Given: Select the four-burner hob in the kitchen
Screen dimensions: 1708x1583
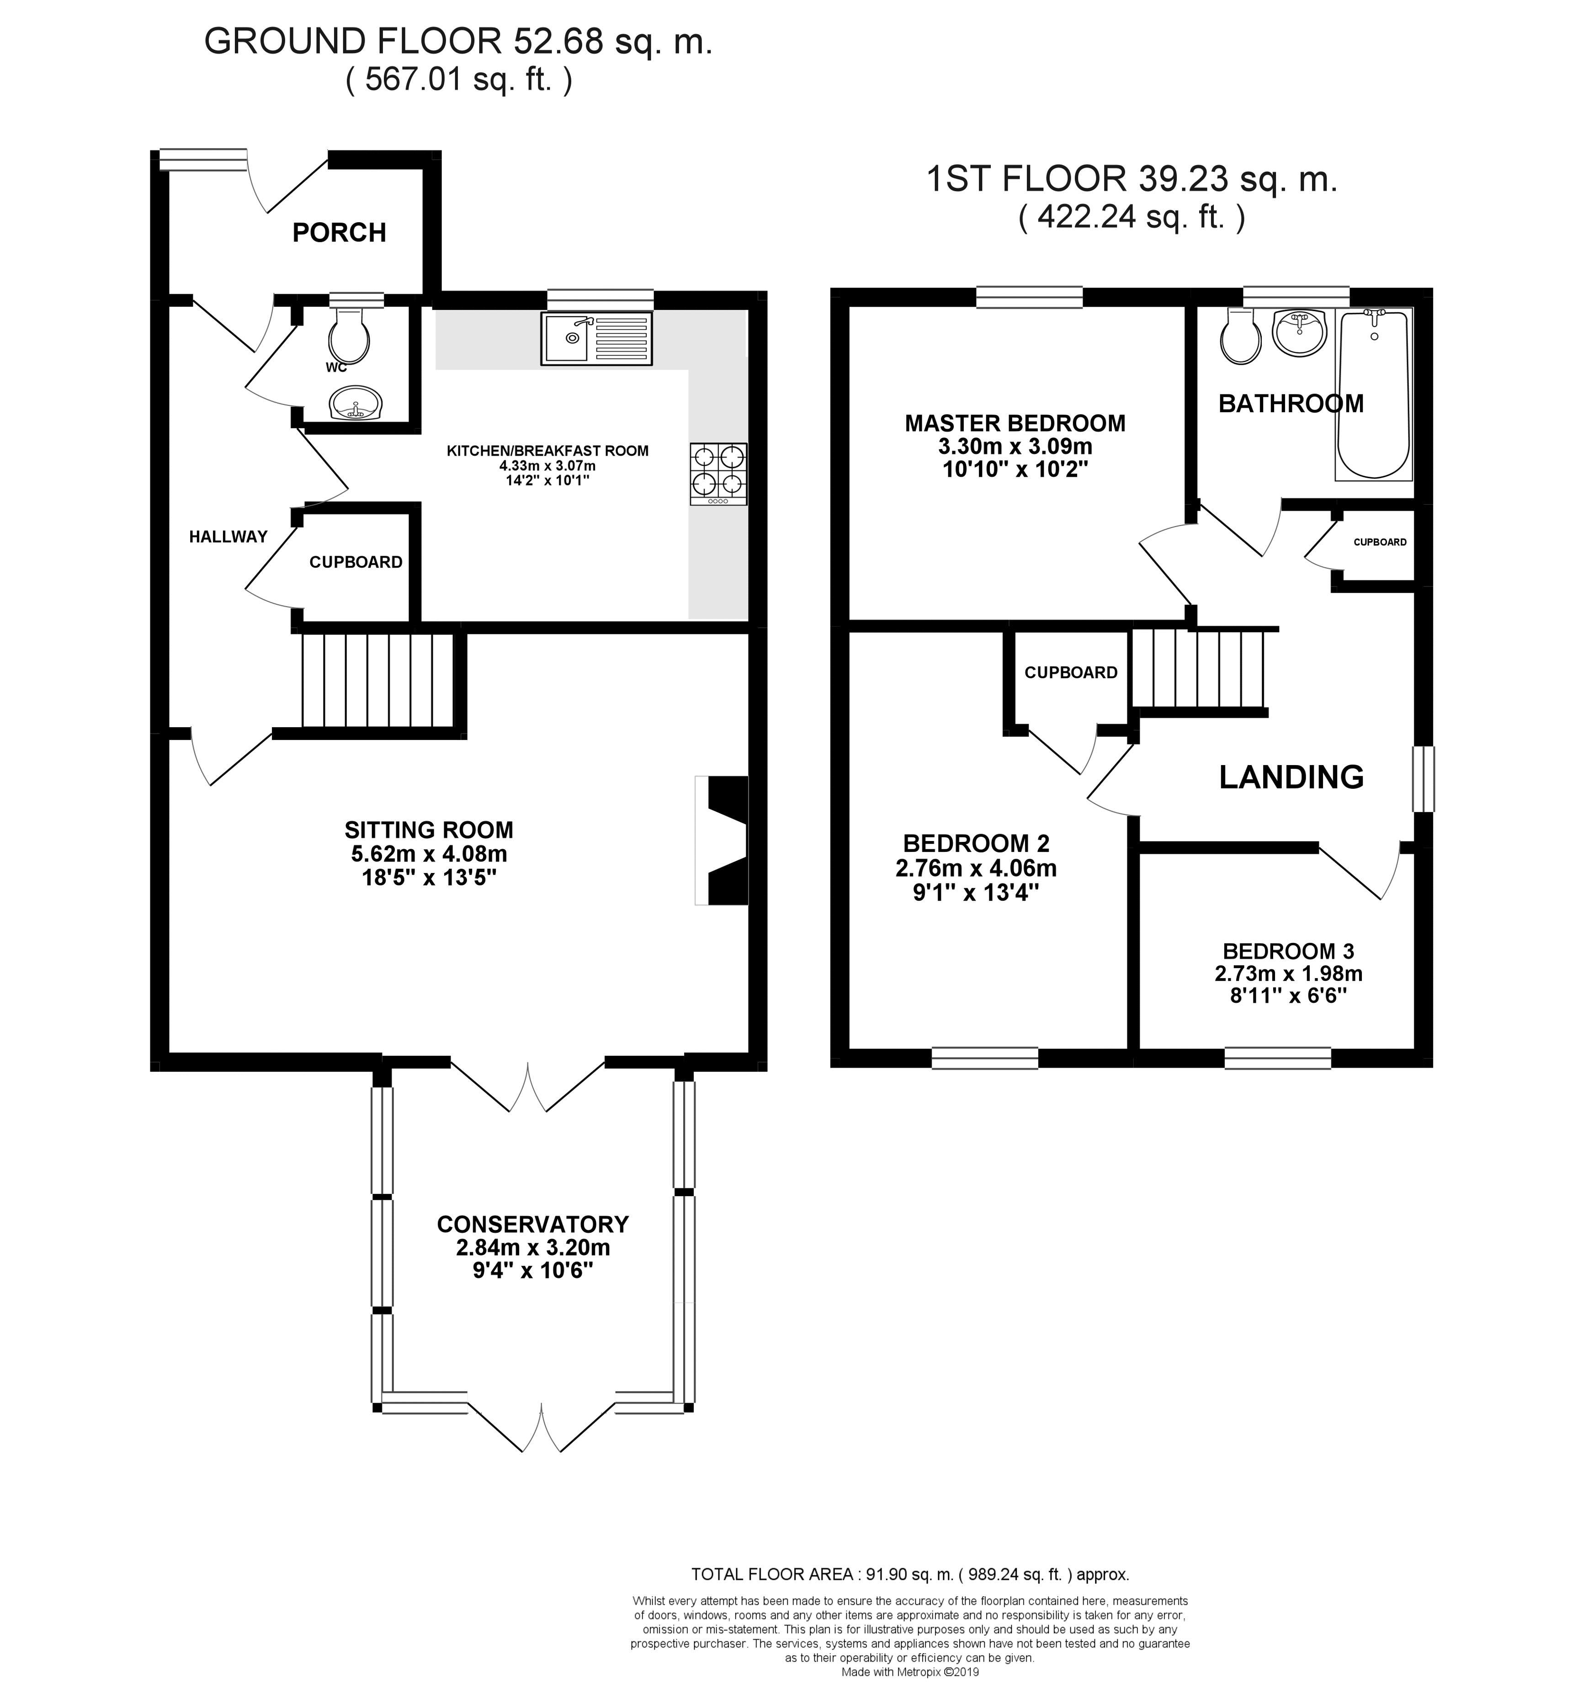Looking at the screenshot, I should point(718,473).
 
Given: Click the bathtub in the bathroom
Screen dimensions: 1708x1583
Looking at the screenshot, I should point(1373,394).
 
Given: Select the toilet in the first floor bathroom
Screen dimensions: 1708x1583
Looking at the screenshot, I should point(1240,337).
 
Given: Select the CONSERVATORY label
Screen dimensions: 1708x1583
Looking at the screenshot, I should point(533,1224).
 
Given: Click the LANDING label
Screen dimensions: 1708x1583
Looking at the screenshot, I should point(1291,777).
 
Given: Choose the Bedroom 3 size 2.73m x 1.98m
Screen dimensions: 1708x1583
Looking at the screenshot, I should point(1288,974).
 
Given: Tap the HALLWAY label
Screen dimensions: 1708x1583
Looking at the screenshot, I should point(228,537).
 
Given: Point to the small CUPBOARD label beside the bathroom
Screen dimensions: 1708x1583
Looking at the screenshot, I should point(1379,542).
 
